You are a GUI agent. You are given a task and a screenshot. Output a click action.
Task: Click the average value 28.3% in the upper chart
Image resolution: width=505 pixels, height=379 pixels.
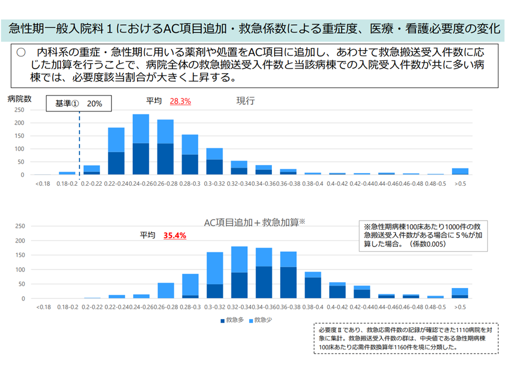(180, 102)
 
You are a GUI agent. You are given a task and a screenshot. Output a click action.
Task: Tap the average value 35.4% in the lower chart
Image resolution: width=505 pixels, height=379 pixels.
(175, 236)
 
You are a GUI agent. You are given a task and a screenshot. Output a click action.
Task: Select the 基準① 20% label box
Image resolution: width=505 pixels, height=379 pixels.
(79, 104)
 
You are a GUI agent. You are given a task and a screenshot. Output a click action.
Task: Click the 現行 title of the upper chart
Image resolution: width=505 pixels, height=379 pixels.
(246, 101)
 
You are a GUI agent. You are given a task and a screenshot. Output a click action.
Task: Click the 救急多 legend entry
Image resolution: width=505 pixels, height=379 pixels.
(232, 320)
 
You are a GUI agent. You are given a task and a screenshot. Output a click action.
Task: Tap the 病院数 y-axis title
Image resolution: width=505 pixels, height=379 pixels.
(19, 98)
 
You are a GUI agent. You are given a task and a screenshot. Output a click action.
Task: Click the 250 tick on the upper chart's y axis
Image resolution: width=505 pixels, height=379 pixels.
(19, 110)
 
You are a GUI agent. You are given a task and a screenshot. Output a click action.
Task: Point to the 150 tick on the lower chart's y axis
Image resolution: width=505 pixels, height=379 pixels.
(19, 255)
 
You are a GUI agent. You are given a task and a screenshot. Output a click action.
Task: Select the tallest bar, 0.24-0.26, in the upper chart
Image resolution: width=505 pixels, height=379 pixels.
(140, 144)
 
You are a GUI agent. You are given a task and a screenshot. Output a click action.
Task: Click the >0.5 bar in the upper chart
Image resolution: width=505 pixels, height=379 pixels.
(460, 171)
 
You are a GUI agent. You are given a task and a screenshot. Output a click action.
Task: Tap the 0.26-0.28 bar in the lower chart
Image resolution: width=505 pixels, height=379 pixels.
(165, 291)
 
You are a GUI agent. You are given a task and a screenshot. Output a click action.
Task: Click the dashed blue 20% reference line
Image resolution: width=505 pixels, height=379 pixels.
(79, 142)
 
